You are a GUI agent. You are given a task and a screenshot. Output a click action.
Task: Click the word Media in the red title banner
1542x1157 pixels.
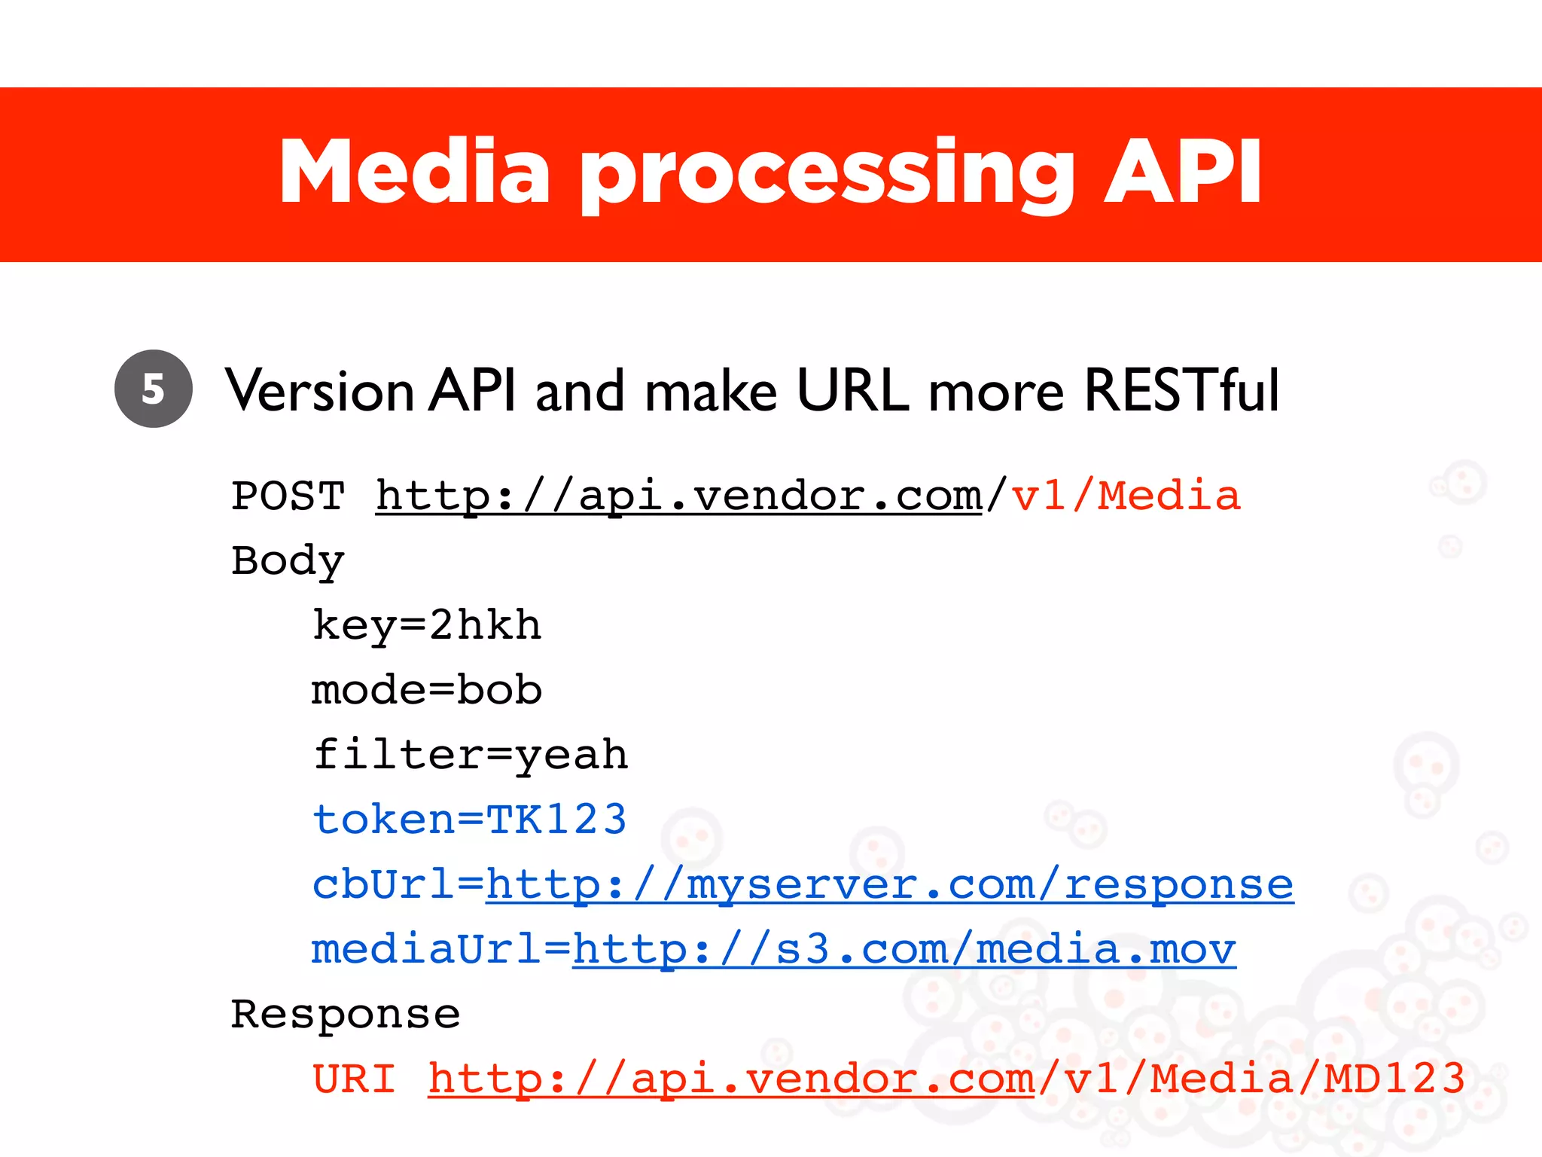[415, 172]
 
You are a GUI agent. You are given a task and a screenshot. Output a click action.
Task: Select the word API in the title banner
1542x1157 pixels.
[1182, 172]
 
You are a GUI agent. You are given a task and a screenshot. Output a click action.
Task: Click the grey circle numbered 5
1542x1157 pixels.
[154, 389]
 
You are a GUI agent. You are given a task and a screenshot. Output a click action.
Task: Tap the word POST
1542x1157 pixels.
[288, 496]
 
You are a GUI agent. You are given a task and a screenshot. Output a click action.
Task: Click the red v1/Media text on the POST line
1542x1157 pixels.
[1125, 496]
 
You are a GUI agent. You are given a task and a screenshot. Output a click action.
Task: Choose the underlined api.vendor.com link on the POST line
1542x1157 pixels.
[678, 496]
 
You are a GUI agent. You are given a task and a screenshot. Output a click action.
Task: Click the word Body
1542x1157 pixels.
[288, 561]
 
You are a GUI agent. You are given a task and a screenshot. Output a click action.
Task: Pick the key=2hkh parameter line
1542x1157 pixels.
[427, 626]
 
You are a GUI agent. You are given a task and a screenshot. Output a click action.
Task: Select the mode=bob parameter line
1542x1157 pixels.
[427, 691]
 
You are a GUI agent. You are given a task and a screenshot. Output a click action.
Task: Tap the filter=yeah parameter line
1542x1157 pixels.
[471, 755]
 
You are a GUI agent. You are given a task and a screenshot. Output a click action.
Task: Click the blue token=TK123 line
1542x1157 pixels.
[470, 820]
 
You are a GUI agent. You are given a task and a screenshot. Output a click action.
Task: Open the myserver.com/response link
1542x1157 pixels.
[889, 884]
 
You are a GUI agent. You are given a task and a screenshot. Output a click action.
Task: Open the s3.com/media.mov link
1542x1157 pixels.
[904, 949]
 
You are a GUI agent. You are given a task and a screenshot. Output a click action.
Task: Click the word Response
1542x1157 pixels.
[346, 1014]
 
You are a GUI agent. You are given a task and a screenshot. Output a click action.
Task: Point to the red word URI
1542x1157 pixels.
[354, 1079]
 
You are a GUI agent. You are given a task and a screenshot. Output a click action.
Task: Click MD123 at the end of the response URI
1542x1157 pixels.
[1394, 1079]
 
